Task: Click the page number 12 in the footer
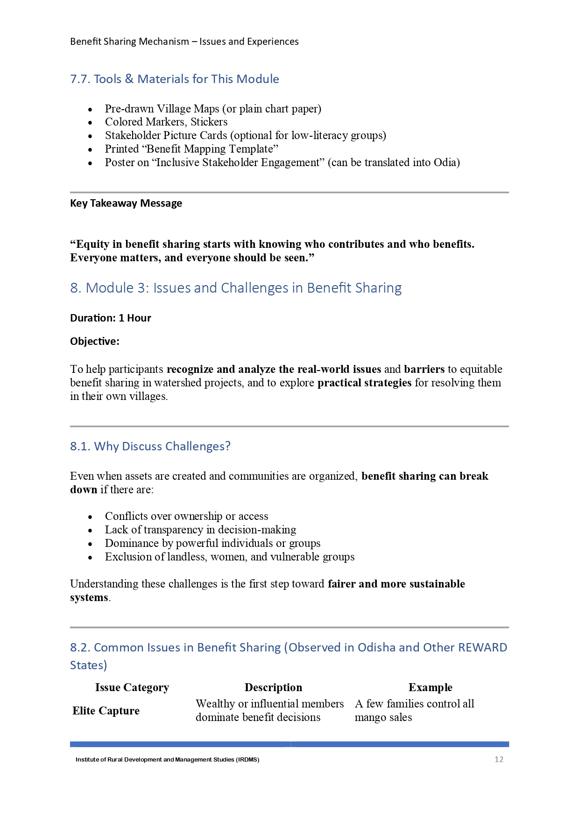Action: [499, 759]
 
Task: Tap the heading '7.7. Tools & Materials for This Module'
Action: [174, 79]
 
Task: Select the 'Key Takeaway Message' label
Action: [126, 203]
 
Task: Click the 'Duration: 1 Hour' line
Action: [111, 318]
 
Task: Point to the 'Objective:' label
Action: [95, 341]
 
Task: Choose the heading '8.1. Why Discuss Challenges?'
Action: [150, 446]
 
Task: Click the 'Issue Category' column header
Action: [132, 687]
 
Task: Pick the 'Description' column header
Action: [273, 687]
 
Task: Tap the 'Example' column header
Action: [430, 687]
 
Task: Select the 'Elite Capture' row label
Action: [106, 710]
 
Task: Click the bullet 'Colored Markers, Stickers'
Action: [166, 122]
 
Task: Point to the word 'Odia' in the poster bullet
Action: [445, 162]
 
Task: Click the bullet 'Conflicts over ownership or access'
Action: [186, 516]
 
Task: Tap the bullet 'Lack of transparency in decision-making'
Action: [200, 530]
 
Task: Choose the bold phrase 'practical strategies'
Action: [364, 383]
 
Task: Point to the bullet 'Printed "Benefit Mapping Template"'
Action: [191, 149]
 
